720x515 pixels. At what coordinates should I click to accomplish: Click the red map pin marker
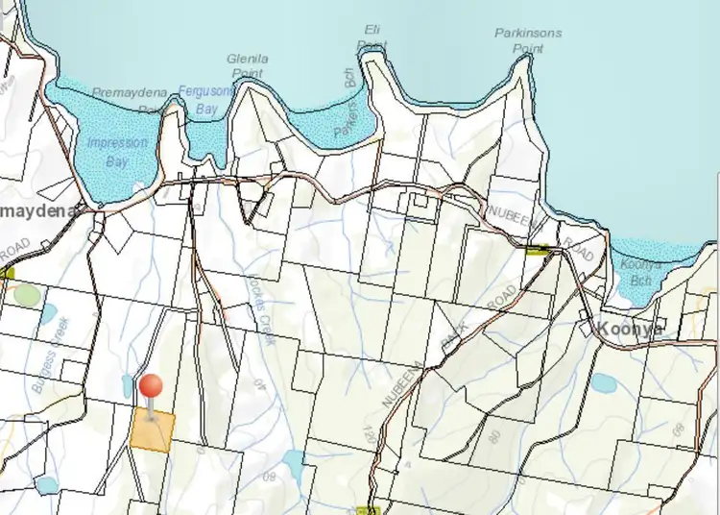[151, 387]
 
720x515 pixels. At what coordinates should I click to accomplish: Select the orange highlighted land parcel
[154, 429]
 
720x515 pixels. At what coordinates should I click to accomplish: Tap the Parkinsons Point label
[528, 38]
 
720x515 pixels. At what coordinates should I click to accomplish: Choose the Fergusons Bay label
[205, 100]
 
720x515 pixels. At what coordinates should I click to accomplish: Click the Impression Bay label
[117, 152]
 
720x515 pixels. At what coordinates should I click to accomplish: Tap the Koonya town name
[631, 328]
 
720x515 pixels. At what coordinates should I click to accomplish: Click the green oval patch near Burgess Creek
[27, 295]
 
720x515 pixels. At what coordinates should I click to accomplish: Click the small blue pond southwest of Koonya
[604, 383]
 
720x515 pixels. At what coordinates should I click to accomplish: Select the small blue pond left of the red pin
[128, 385]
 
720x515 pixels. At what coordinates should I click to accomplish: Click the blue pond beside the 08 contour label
[293, 467]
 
